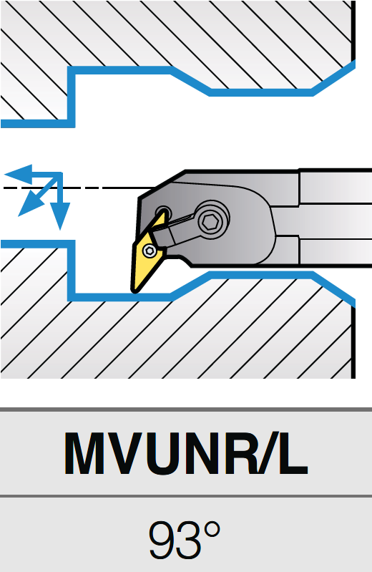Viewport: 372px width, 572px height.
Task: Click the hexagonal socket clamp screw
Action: point(211,220)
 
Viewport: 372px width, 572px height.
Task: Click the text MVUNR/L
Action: point(186,453)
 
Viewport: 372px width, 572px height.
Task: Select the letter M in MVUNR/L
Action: point(86,453)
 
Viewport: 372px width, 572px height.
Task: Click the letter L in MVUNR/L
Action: point(291,453)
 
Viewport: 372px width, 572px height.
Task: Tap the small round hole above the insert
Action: point(162,213)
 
